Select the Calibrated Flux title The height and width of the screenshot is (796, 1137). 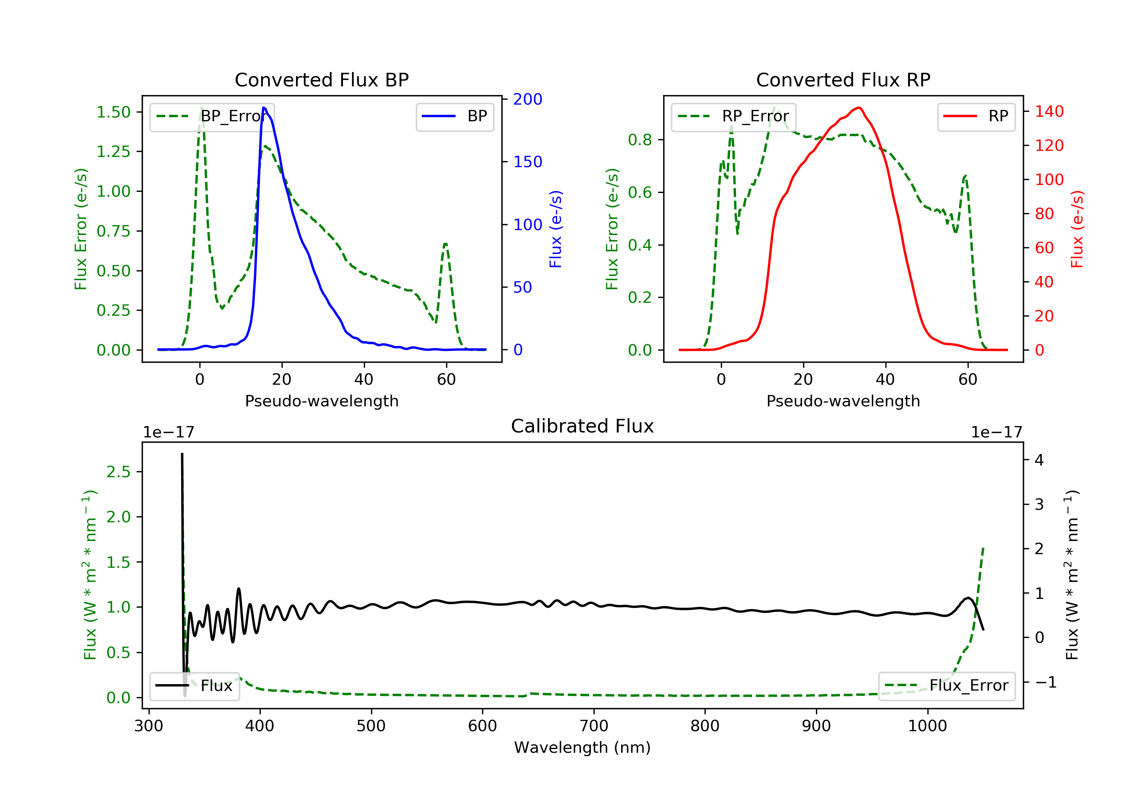tap(583, 426)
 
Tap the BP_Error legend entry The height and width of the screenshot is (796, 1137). tap(212, 117)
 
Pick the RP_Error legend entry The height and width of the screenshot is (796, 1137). tap(733, 117)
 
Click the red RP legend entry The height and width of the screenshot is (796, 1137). tap(976, 116)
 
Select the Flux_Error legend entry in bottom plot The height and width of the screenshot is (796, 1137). tap(947, 686)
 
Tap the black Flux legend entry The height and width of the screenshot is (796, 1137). tap(194, 686)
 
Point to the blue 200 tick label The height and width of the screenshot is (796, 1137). tap(528, 100)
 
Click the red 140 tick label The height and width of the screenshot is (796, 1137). tap(1049, 111)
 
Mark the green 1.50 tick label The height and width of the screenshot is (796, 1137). tap(113, 113)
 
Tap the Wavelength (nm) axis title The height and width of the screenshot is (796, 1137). tap(583, 747)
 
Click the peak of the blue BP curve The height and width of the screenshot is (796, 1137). tap(264, 108)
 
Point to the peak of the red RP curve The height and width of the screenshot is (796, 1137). tap(859, 108)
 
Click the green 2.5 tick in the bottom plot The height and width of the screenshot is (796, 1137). tap(118, 472)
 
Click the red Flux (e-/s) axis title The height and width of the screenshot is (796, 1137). tap(1077, 229)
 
